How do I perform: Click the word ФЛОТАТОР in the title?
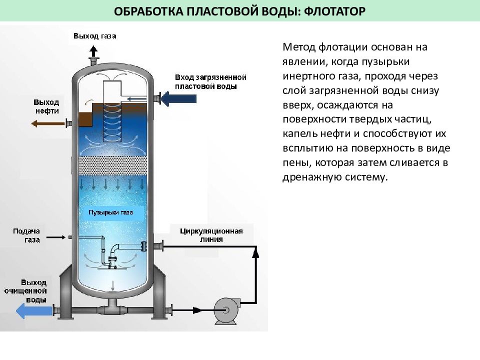pyautogui.click(x=335, y=11)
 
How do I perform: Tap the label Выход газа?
pyautogui.click(x=95, y=36)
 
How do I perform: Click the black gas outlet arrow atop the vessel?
pyautogui.click(x=93, y=51)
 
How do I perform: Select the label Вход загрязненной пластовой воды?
pyautogui.click(x=210, y=81)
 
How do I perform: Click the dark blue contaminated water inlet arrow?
pyautogui.click(x=178, y=98)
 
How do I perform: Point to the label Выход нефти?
pyautogui.click(x=46, y=106)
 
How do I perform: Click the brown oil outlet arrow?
pyautogui.click(x=48, y=123)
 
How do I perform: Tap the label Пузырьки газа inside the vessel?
pyautogui.click(x=111, y=212)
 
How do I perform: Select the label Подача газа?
pyautogui.click(x=26, y=235)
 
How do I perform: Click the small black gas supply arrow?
pyautogui.click(x=55, y=237)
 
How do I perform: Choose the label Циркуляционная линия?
pyautogui.click(x=211, y=235)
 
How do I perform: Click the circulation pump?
pyautogui.click(x=226, y=310)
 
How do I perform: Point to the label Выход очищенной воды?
pyautogui.click(x=25, y=291)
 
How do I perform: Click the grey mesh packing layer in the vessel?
pyautogui.click(x=112, y=165)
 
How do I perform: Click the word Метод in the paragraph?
pyautogui.click(x=299, y=47)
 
